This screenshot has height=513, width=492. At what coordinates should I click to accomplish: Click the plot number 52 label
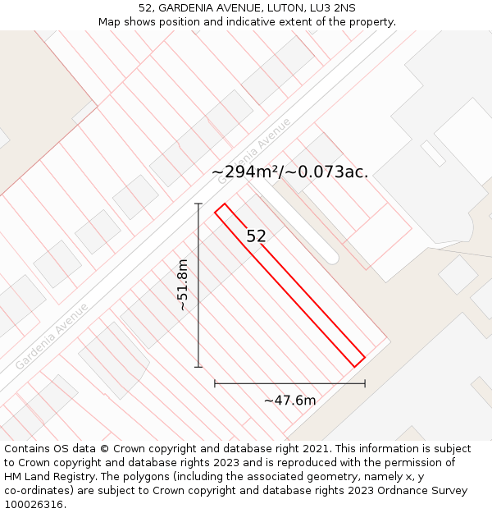[256, 236]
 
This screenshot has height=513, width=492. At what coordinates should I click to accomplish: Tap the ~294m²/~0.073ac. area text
[289, 172]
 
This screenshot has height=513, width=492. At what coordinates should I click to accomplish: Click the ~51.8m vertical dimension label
[183, 285]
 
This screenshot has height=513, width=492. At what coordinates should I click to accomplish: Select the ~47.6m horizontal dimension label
[289, 401]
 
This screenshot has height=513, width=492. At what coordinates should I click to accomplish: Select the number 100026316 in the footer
[34, 505]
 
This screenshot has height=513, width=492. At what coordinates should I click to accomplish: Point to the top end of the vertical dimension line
[198, 204]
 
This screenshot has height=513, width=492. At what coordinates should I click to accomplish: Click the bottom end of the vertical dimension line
[198, 367]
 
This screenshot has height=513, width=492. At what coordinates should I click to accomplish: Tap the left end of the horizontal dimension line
[215, 383]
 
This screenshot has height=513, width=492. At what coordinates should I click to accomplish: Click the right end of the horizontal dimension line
[365, 383]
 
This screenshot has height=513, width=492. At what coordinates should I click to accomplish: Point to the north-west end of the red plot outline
[220, 208]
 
